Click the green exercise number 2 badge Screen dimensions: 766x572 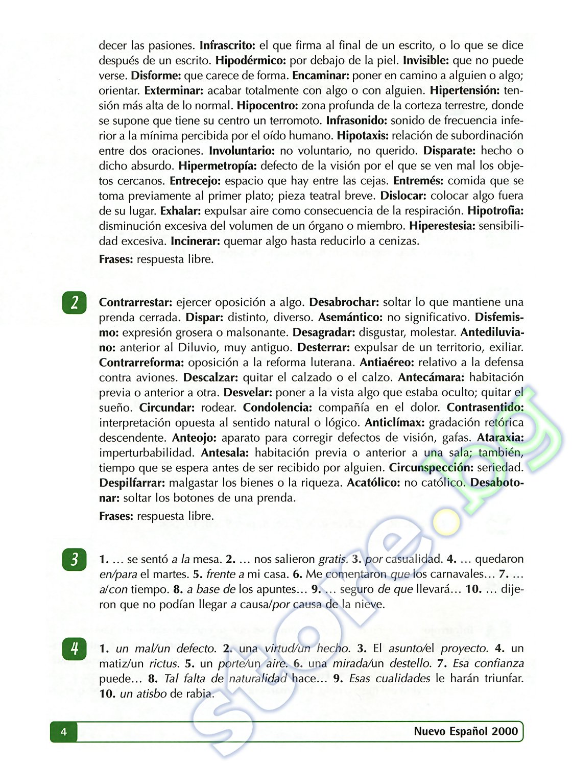pos(75,303)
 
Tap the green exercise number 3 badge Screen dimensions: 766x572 pos(75,559)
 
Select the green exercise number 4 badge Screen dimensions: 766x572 pos(75,649)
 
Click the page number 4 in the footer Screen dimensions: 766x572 pos(63,732)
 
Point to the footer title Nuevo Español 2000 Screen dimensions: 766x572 pos(466,731)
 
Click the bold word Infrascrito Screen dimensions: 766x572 pos(227,45)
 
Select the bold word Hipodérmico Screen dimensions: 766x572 pos(251,61)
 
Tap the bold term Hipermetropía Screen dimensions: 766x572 pos(218,166)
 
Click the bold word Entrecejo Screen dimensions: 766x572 pos(196,181)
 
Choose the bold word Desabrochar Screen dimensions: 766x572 pos(344,302)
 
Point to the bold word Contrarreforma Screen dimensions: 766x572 pos(141,363)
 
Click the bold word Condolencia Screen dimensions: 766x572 pos(277,408)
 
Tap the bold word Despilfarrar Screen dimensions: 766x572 pos(132,483)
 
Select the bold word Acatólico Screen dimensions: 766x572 pos(374,483)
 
